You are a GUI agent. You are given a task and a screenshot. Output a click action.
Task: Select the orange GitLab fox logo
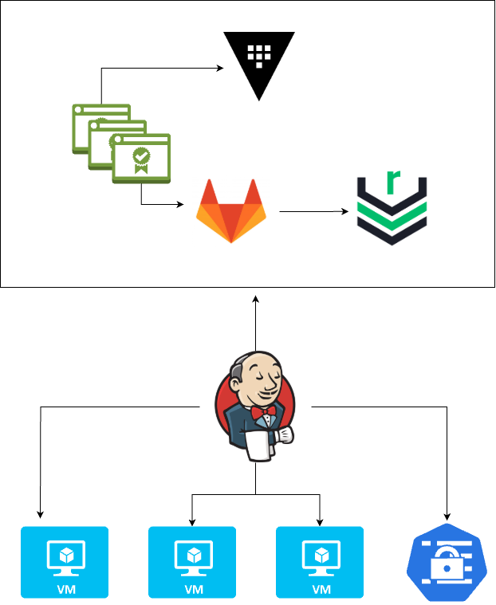click(x=231, y=211)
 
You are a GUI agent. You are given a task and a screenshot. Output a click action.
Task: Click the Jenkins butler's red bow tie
click(x=262, y=413)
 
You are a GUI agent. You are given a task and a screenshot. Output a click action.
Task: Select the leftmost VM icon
click(x=64, y=562)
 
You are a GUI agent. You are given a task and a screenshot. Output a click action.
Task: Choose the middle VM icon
click(x=192, y=562)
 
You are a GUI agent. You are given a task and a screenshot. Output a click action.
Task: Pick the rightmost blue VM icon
click(x=320, y=562)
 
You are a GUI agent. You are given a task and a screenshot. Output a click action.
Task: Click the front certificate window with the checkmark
click(x=141, y=159)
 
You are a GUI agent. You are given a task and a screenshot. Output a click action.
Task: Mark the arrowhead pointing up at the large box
click(x=255, y=299)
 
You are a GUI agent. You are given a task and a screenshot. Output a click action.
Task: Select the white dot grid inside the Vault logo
click(x=258, y=54)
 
